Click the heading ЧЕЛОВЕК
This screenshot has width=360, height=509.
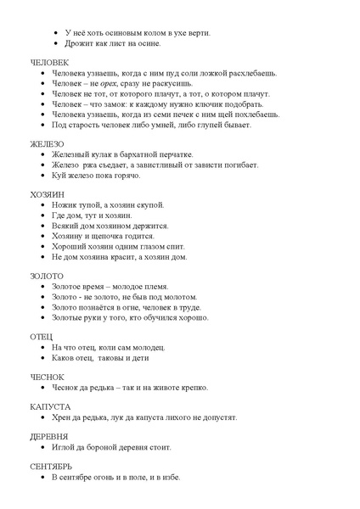[49, 64]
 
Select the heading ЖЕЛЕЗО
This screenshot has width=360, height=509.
[47, 143]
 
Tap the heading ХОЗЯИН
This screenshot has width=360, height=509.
[48, 194]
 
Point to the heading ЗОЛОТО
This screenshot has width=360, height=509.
[47, 276]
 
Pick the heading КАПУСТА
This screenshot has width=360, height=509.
[49, 407]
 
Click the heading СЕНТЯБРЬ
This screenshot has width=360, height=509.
[51, 466]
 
